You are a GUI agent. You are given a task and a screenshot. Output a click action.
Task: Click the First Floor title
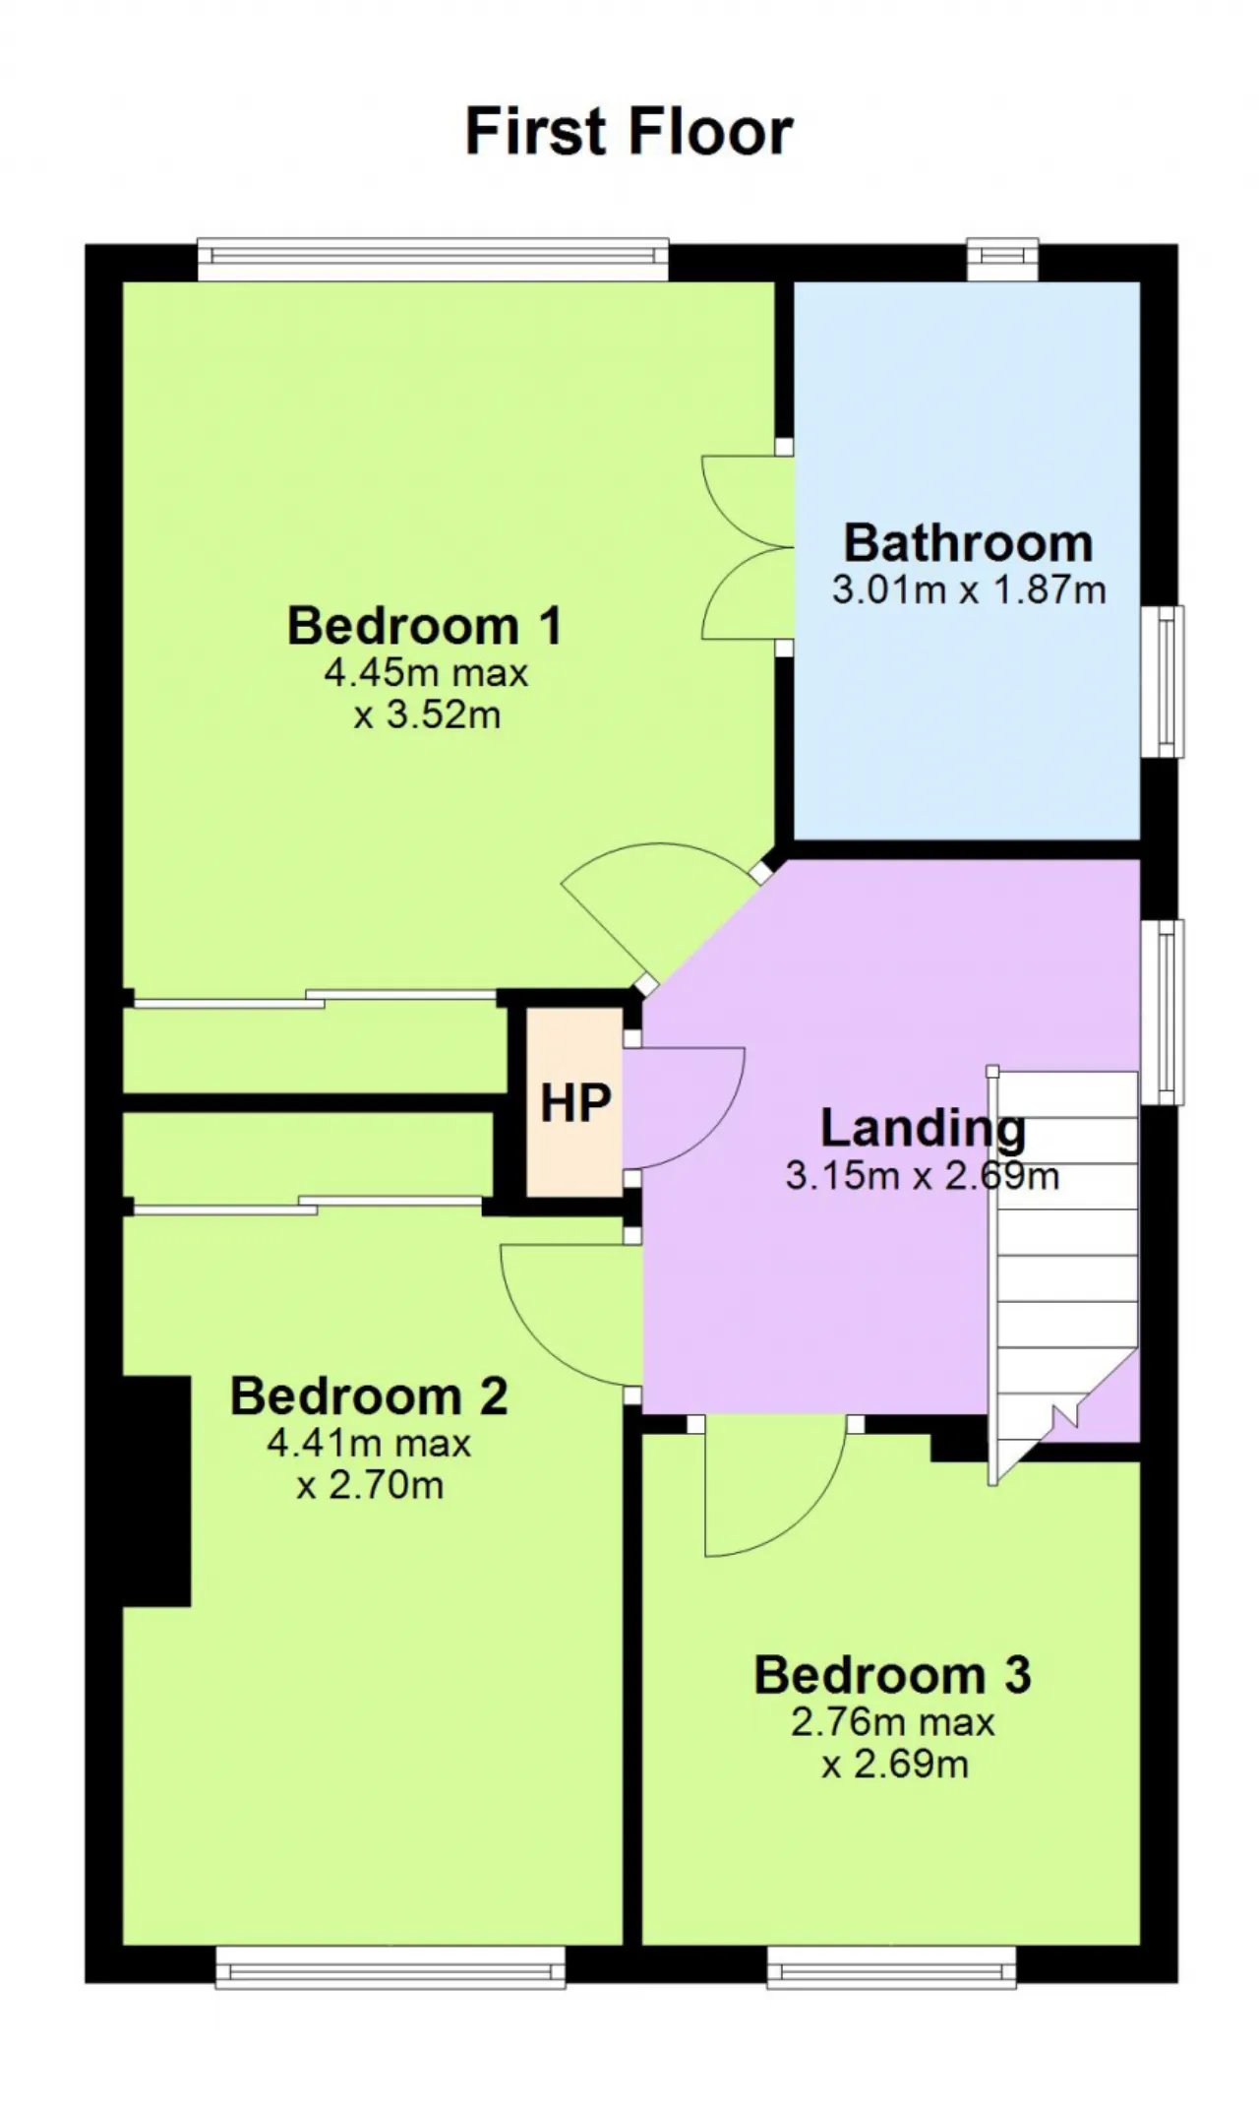[x=629, y=132]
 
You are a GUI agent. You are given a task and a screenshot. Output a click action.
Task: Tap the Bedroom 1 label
[x=425, y=626]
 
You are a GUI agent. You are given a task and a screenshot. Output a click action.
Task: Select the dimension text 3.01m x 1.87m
[x=969, y=590]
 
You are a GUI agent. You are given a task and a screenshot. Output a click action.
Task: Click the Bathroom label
[x=969, y=543]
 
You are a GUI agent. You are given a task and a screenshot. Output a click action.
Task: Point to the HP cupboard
[x=574, y=1102]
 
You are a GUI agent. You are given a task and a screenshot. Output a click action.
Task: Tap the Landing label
[x=923, y=1129]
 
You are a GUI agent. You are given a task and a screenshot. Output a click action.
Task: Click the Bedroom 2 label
[x=369, y=1396]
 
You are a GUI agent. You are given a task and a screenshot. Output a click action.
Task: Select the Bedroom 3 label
[x=893, y=1675]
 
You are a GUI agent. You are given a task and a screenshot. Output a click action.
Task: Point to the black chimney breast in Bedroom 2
[x=156, y=1491]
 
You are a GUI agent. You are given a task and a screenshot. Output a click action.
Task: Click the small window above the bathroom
[x=1002, y=259]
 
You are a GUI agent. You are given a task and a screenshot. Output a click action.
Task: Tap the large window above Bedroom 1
[x=433, y=259]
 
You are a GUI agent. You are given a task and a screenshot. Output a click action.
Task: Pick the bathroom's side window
[x=1162, y=682]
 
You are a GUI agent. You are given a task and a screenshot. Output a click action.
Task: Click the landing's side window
[x=1162, y=1012]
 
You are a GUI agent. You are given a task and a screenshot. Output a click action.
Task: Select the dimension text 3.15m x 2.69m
[x=923, y=1176]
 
